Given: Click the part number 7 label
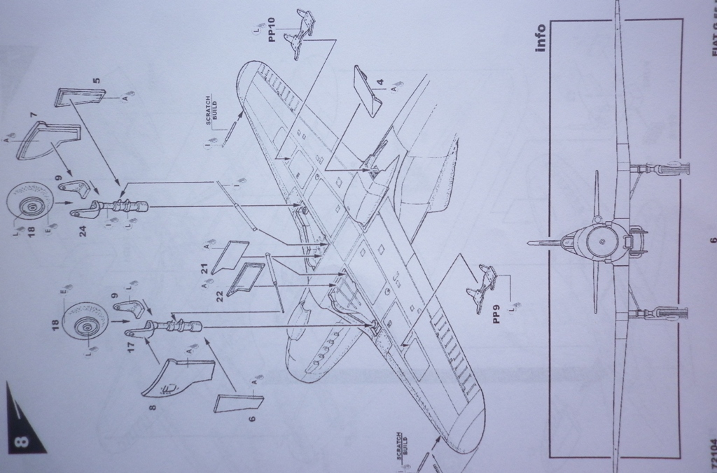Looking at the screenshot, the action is click(x=33, y=115).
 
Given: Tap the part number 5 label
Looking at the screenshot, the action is click(x=97, y=79).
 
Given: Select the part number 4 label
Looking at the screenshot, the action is click(x=380, y=83).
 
